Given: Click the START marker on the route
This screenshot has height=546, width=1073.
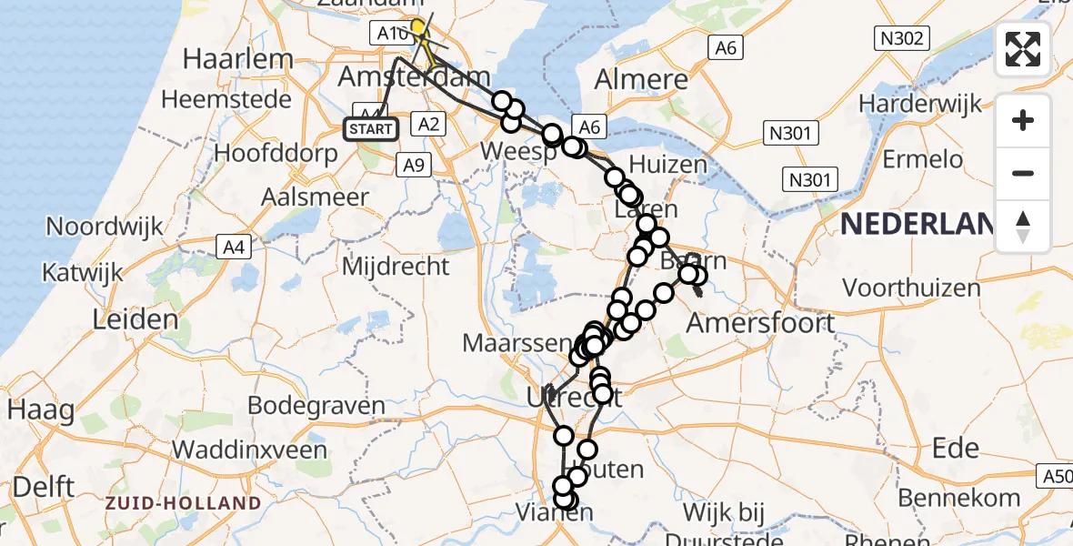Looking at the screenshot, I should (x=371, y=128).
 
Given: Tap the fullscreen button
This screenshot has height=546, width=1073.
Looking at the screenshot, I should (x=1023, y=49).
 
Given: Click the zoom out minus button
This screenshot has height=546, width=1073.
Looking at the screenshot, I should (x=1023, y=173).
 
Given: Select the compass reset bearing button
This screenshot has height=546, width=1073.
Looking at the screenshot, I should (x=1023, y=226).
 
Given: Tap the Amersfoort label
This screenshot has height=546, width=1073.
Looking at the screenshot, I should (x=760, y=322).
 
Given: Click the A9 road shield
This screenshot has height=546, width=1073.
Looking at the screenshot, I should (x=414, y=165).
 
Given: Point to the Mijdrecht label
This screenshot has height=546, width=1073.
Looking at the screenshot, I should (x=396, y=267).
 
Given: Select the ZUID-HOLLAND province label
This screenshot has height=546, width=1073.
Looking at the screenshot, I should (x=183, y=502).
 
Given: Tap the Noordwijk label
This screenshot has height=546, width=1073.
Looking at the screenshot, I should (x=105, y=226).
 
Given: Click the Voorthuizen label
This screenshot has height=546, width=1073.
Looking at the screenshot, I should (x=911, y=288).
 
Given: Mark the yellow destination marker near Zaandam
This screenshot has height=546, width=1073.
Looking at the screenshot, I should (x=418, y=27).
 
